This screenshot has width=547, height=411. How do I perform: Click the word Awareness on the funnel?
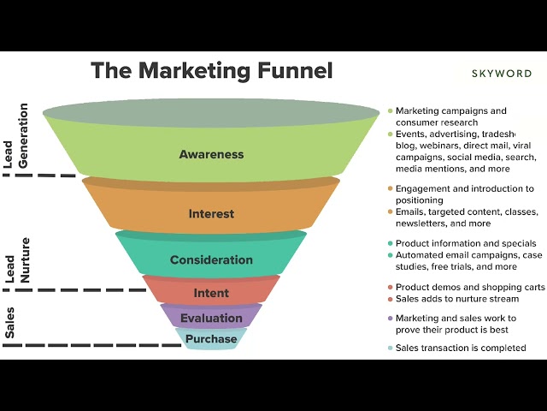(211, 155)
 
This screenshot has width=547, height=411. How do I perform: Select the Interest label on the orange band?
(211, 214)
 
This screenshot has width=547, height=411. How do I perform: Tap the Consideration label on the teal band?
(211, 260)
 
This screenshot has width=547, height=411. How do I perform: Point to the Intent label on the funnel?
(211, 293)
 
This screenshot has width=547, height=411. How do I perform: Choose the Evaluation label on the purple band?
(211, 319)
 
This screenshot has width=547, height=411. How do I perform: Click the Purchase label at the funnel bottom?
(211, 339)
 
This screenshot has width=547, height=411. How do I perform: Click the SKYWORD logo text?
(503, 74)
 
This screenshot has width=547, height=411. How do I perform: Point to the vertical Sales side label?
(10, 325)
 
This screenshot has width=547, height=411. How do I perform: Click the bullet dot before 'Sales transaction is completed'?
(390, 348)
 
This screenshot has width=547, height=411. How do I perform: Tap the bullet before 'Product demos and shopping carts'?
(390, 288)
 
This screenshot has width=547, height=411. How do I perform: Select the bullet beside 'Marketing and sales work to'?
(390, 319)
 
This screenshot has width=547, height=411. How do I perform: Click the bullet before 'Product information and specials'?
(390, 244)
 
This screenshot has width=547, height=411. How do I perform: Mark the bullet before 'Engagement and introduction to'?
(390, 189)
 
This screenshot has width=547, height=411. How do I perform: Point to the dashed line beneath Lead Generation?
(38, 176)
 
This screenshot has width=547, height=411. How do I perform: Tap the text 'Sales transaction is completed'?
(461, 348)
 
